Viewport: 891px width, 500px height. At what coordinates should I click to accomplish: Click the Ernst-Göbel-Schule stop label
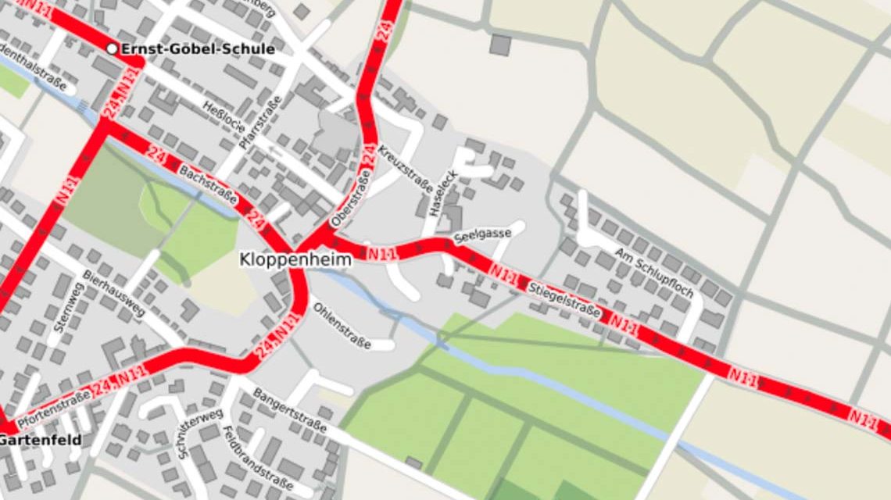coord(197,49)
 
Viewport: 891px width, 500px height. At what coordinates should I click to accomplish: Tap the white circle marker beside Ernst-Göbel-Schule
coord(112,49)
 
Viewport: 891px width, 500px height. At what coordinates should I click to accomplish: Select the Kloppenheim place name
coord(295,259)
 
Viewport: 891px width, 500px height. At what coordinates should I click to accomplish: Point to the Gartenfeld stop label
coord(39,440)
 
